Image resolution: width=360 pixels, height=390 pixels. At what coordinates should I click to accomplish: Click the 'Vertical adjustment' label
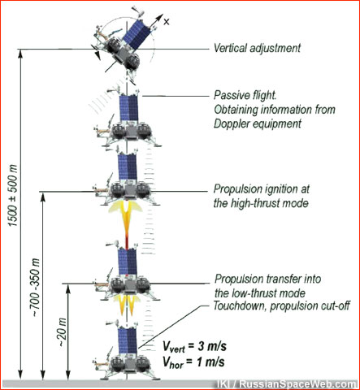[x=257, y=48]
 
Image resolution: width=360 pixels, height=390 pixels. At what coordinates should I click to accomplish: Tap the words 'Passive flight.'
[x=245, y=95]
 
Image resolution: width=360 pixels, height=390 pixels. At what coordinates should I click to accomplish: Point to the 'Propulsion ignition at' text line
[x=262, y=189]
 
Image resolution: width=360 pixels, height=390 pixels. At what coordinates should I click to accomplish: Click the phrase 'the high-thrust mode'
[x=261, y=203]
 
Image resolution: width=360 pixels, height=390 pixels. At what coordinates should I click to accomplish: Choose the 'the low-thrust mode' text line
[x=260, y=293]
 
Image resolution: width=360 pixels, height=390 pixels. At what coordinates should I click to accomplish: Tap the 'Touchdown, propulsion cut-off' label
[x=282, y=305]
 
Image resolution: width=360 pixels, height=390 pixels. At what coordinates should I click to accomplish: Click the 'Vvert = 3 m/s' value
[x=194, y=347]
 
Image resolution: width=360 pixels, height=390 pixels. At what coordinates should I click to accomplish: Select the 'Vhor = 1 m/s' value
[x=193, y=362]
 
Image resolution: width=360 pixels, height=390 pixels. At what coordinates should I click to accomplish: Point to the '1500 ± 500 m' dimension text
[x=13, y=195]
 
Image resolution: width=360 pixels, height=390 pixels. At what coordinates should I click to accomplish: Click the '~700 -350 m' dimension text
[x=36, y=288]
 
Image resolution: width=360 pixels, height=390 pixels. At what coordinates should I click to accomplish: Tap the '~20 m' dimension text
[x=63, y=332]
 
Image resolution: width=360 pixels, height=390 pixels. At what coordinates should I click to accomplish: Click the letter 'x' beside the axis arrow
[x=167, y=22]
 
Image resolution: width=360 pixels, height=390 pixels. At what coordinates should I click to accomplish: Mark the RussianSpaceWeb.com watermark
[x=287, y=384]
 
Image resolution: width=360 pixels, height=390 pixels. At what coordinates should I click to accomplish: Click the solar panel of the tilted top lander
[x=137, y=33]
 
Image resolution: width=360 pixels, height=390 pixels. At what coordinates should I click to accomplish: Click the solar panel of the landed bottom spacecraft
[x=128, y=340]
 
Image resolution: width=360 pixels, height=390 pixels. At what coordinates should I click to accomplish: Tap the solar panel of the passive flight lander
[x=129, y=108]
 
